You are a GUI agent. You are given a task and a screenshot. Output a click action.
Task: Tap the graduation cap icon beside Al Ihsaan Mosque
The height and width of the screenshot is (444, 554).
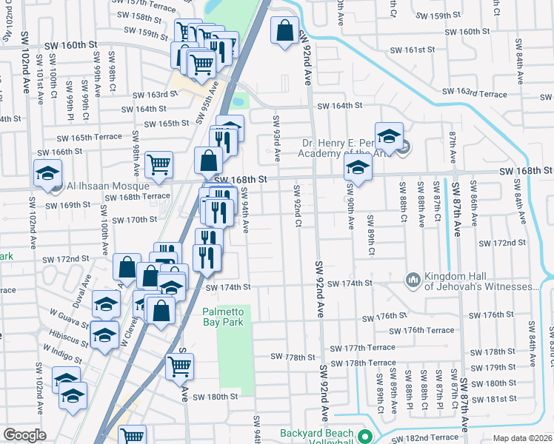coord(48,173)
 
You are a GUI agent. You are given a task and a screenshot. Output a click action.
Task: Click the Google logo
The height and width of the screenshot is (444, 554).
coord(24,435)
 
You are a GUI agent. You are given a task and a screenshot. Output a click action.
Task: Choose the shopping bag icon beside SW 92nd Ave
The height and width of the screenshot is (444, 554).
coord(284,32)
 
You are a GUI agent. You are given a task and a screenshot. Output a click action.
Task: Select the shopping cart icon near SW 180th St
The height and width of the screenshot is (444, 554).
coord(179,366)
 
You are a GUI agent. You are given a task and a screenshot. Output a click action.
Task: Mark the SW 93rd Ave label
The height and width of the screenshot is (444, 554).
coord(276,139)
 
